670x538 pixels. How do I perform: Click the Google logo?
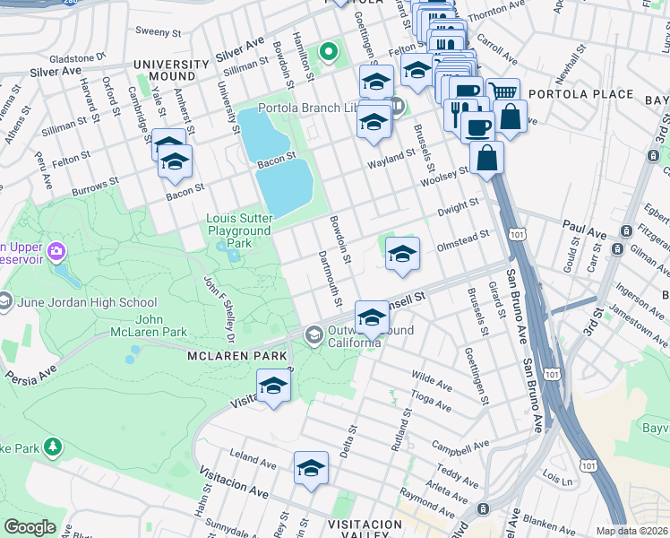[30, 526]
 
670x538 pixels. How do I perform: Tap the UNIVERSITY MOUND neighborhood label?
[171, 71]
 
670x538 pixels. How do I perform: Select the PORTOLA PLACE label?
[580, 94]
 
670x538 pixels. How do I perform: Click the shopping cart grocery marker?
[503, 92]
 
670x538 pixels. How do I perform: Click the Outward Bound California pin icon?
[314, 335]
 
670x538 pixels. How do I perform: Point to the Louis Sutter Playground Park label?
[238, 230]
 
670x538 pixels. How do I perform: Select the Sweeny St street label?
[158, 30]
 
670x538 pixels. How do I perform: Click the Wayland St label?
[391, 153]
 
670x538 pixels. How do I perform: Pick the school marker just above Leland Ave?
[311, 467]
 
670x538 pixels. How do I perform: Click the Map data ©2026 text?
[631, 531]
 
